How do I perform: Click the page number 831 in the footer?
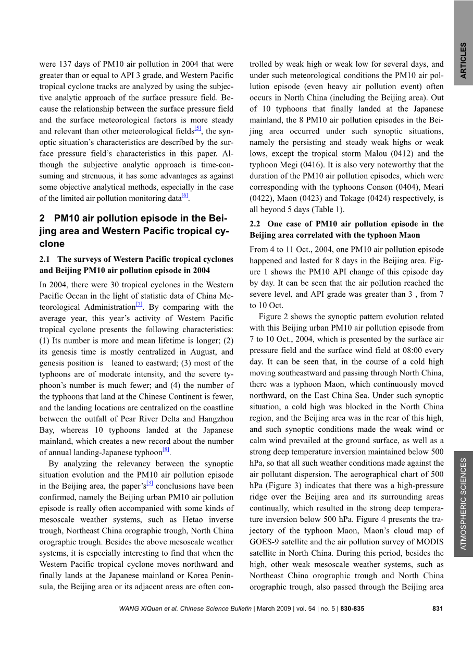[x=438, y=609]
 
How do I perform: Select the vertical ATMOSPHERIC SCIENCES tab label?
[x=463, y=503]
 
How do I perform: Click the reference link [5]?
[x=197, y=128]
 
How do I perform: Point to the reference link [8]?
[x=165, y=449]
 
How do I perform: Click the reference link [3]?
[x=150, y=483]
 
